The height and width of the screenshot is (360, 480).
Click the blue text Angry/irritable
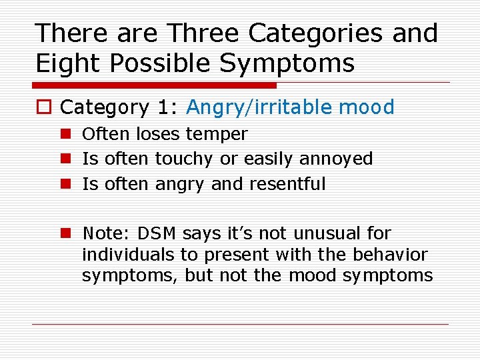[x=261, y=107]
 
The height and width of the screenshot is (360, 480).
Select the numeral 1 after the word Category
[x=164, y=107]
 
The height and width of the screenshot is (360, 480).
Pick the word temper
[x=217, y=134]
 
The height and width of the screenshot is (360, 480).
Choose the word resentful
[x=287, y=183]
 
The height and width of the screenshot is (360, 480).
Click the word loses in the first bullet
[x=158, y=134]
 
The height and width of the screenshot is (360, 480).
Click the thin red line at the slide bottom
[x=240, y=325]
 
